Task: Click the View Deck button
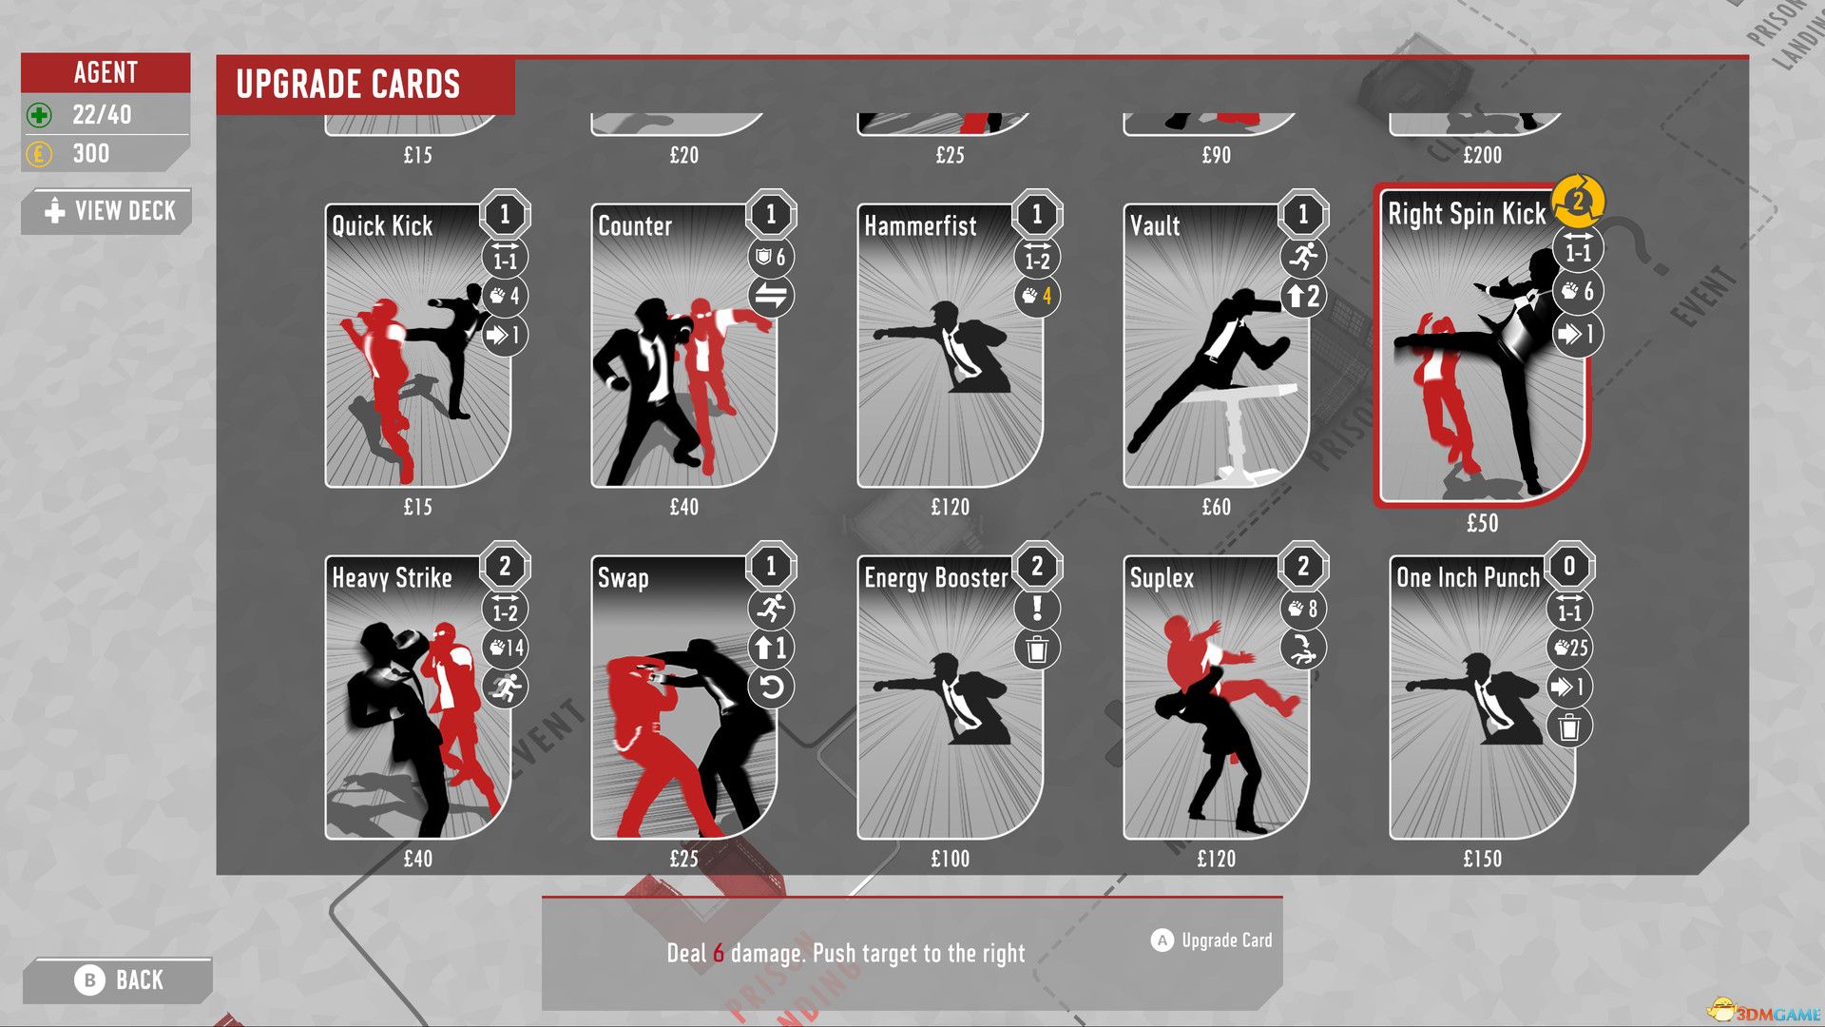[x=108, y=211]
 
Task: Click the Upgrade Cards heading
[x=348, y=85]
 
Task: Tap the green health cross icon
[x=39, y=115]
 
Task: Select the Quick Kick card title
[x=382, y=225]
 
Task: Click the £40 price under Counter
[x=683, y=507]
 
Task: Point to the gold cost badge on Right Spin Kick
[x=1578, y=201]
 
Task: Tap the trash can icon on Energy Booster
[x=1037, y=649]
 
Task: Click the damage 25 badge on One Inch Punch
[x=1569, y=649]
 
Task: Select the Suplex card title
[x=1162, y=577]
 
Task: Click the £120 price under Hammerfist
[x=950, y=507]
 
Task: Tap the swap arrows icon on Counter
[x=771, y=296]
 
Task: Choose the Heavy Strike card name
[x=392, y=577]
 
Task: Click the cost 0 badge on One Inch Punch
[x=1569, y=567]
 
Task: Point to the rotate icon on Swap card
[x=771, y=687]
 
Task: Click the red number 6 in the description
[x=719, y=953]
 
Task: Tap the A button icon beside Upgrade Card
[x=1162, y=940]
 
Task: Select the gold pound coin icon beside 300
[x=39, y=153]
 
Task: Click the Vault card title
[x=1155, y=225]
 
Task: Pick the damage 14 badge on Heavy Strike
[x=505, y=649]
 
